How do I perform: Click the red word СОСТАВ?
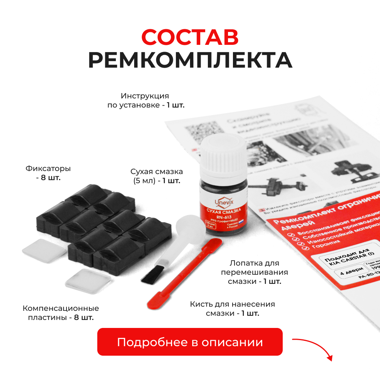coord(190,37)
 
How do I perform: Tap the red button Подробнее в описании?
coord(190,342)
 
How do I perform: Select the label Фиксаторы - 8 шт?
coord(48,173)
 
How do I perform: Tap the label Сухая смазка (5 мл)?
coord(156,176)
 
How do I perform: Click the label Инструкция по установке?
coord(146,100)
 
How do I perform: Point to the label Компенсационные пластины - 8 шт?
coord(61,313)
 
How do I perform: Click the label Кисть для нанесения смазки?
coord(232,309)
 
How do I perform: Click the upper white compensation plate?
coord(39,249)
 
